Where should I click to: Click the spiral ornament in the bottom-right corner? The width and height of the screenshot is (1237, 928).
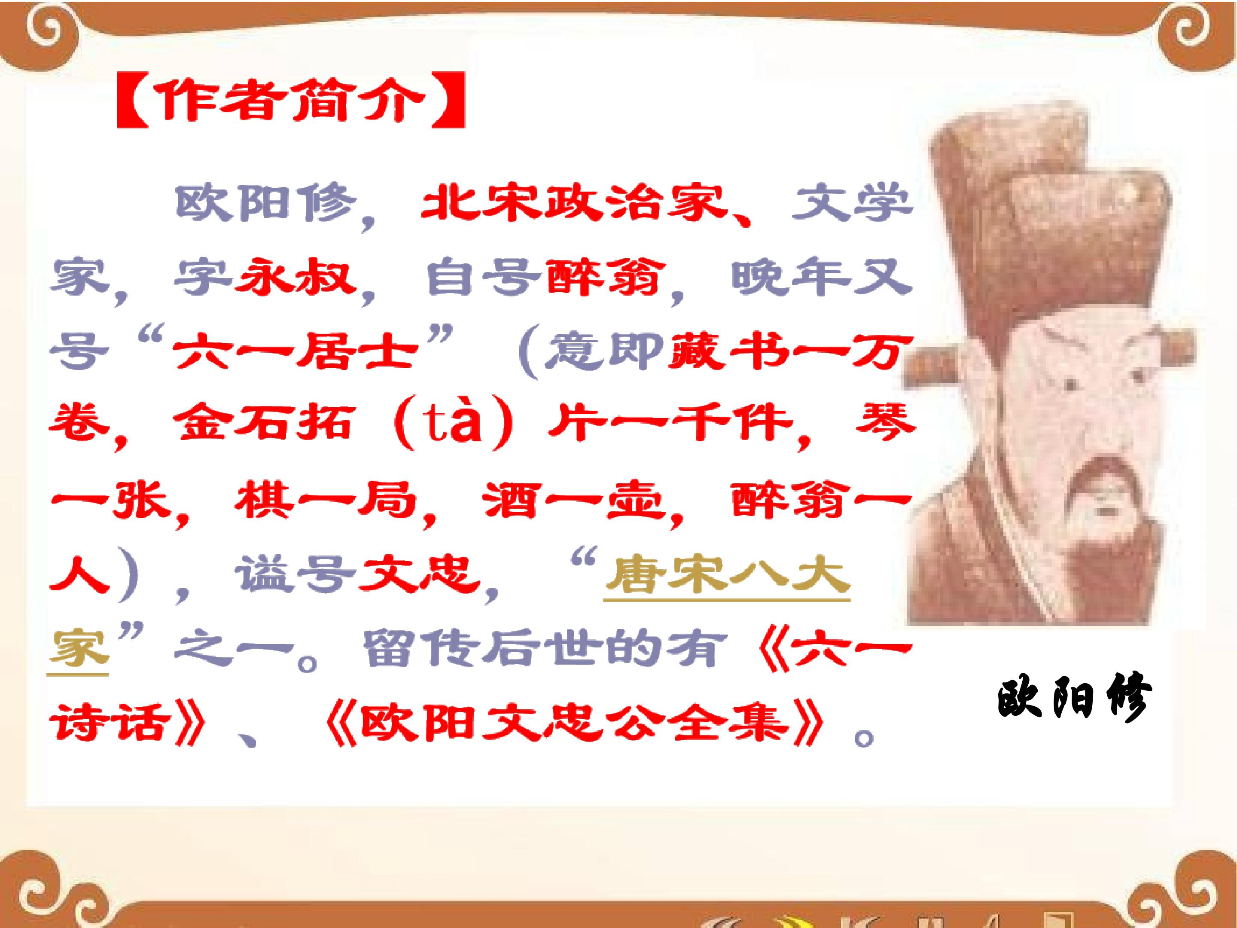(1197, 889)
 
